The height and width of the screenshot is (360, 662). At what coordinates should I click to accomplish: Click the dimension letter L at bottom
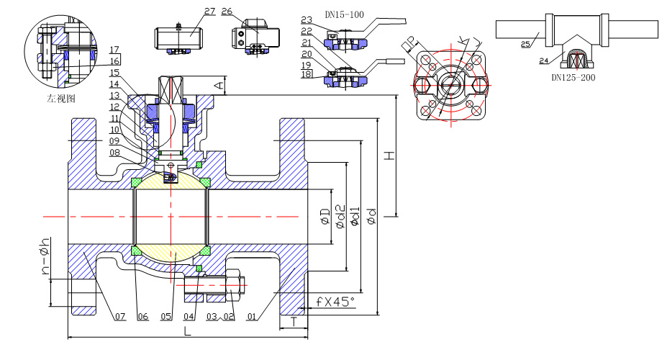187,332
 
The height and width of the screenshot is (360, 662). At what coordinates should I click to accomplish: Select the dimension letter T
295,323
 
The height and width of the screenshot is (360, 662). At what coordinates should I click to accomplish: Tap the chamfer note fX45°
335,302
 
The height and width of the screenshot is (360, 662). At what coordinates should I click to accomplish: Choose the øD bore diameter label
326,216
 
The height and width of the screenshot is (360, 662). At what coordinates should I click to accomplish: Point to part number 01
251,316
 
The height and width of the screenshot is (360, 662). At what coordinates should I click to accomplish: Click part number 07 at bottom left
119,316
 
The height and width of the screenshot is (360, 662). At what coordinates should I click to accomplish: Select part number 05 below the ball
166,316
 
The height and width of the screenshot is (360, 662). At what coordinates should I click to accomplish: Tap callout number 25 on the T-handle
526,45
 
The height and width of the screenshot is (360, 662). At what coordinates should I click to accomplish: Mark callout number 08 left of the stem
114,152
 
